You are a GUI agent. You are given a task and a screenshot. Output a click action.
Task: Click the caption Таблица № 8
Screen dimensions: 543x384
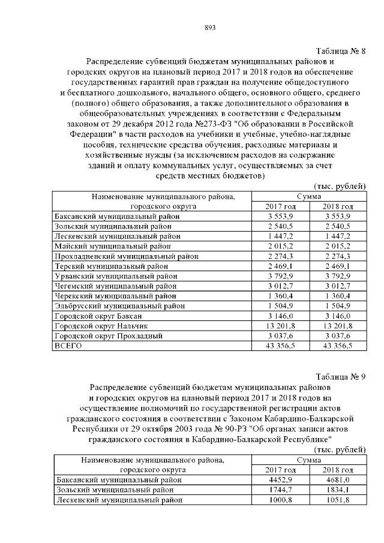[340, 51]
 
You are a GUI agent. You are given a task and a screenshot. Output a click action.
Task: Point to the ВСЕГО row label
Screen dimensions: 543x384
[67, 346]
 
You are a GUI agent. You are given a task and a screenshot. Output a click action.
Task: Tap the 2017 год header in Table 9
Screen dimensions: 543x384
[281, 469]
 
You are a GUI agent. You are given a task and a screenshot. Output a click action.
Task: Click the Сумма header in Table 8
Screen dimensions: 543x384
[309, 196]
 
